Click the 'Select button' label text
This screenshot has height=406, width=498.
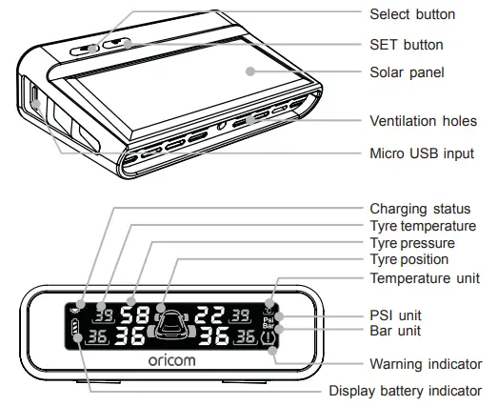(412, 14)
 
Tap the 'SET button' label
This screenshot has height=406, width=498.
(406, 45)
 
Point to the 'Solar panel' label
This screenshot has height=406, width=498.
(406, 71)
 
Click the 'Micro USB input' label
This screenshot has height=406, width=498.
(421, 153)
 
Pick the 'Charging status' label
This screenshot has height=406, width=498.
(420, 208)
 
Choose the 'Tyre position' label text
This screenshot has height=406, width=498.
(408, 259)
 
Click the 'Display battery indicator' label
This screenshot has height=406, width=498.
(405, 390)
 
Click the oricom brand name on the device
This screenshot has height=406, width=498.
(173, 363)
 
